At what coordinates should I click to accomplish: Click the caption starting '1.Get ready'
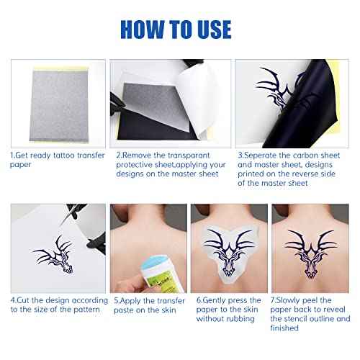pos(46,160)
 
